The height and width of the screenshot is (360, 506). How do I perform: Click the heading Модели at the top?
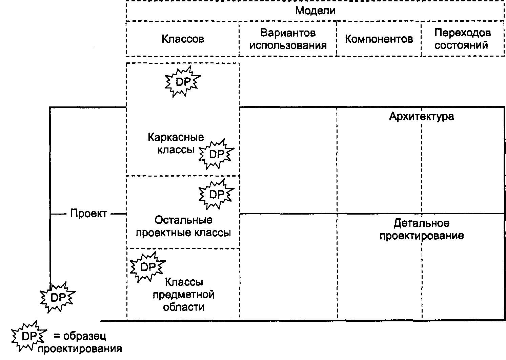click(315, 11)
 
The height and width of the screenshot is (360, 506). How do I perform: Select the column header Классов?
click(183, 39)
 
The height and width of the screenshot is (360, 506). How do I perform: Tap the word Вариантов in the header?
click(288, 33)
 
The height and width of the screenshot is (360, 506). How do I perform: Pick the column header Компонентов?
click(379, 39)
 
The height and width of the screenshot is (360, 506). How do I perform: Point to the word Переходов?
click(463, 33)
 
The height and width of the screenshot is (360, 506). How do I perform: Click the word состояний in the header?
click(461, 45)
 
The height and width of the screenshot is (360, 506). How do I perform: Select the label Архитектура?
click(422, 117)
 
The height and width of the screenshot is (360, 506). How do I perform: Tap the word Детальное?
click(422, 223)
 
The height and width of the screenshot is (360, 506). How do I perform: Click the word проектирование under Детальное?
click(422, 236)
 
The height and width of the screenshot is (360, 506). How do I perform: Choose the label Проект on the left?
click(88, 213)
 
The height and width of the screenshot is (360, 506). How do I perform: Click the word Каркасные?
click(176, 137)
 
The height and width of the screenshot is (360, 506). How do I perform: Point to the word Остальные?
click(183, 220)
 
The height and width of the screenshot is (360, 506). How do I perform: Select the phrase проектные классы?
click(183, 233)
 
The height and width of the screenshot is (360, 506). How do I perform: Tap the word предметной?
click(184, 295)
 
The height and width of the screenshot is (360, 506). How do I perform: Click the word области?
click(184, 307)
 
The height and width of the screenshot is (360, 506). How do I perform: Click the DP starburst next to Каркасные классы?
click(217, 154)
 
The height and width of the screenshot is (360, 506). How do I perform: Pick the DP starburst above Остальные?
click(217, 194)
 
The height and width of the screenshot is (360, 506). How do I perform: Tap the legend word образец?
click(84, 337)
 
